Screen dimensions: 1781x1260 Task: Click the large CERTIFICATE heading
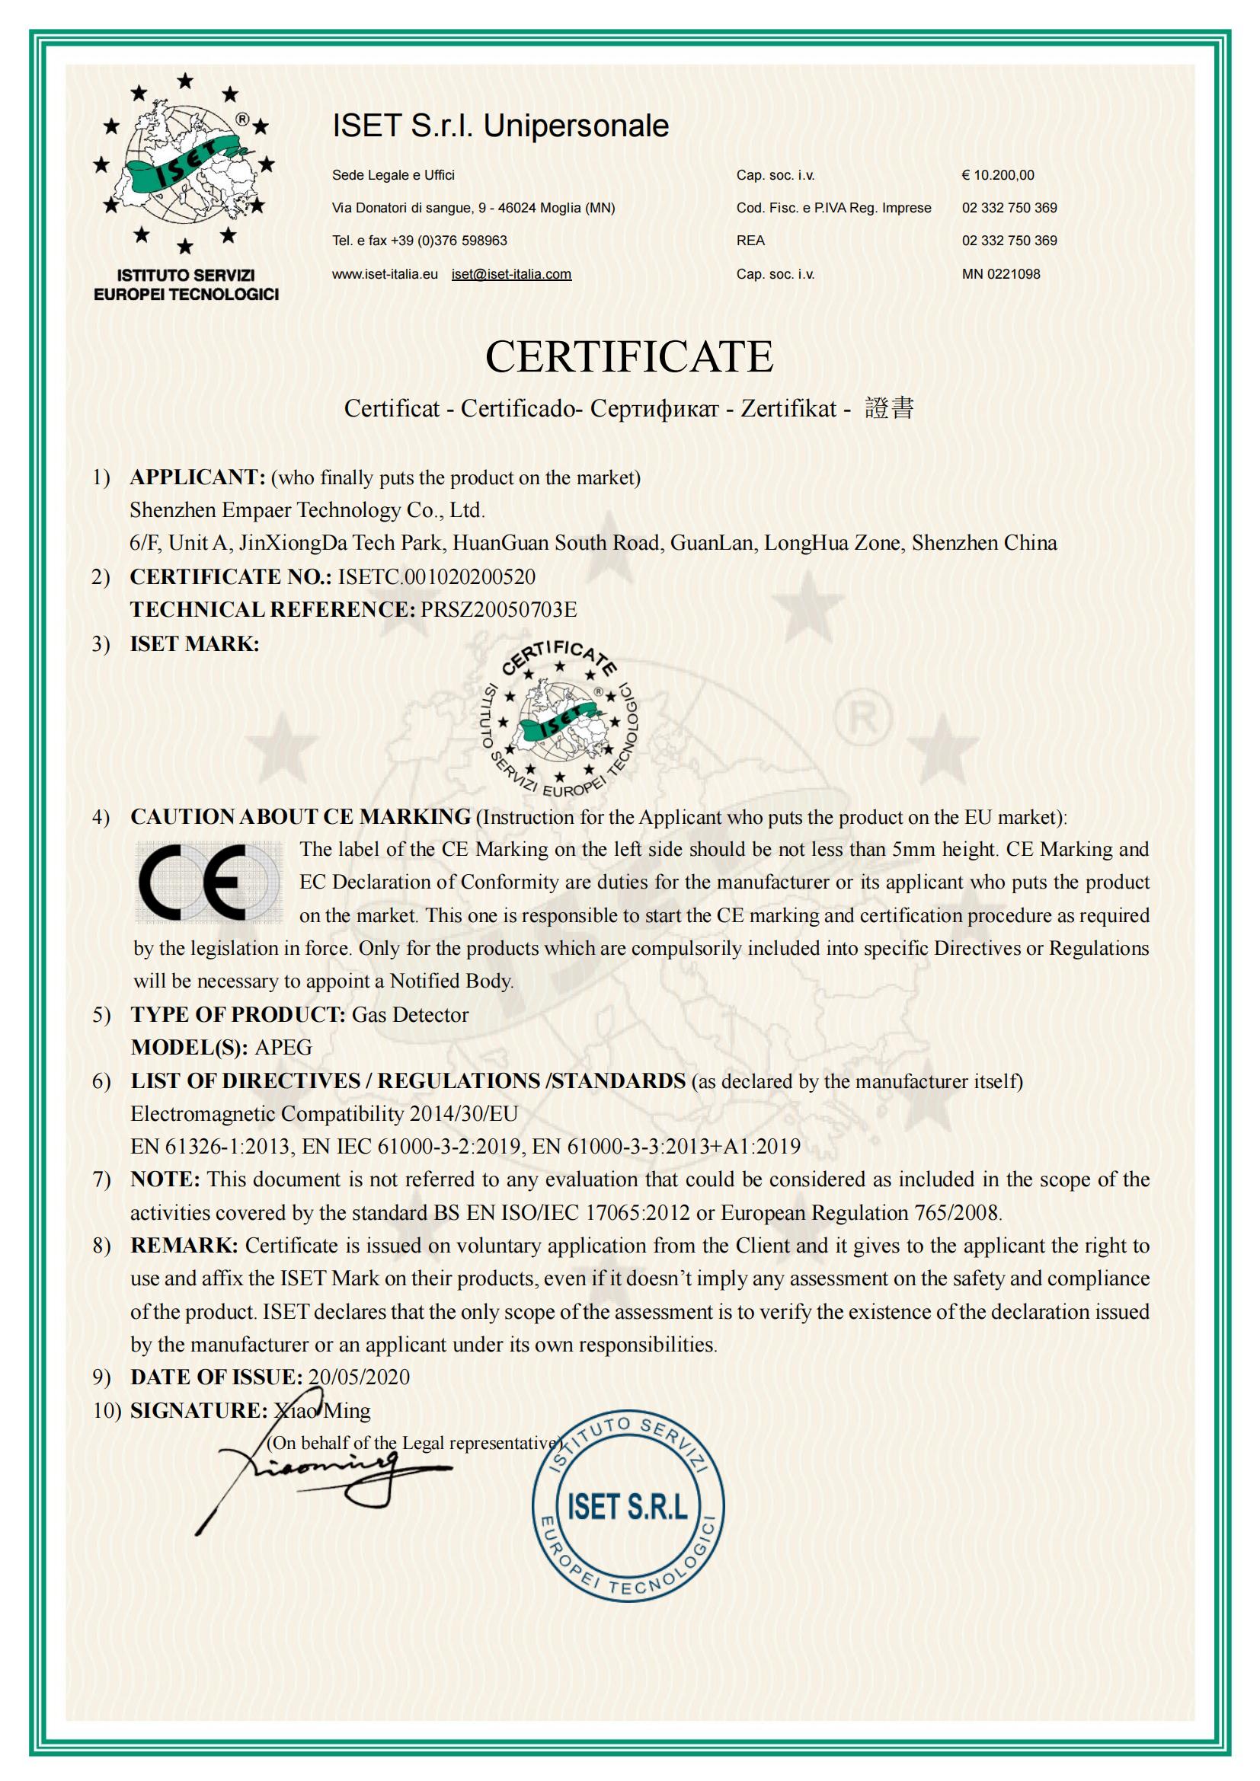(629, 357)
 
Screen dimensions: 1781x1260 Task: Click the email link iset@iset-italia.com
(511, 274)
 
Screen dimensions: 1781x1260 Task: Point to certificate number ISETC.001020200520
(437, 576)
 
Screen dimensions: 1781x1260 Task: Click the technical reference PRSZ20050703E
(499, 610)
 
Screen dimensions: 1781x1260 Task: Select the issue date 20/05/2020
(359, 1377)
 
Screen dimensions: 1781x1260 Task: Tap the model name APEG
(283, 1047)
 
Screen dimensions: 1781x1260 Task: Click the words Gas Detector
(411, 1014)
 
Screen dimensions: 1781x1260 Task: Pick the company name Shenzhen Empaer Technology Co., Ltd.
(307, 510)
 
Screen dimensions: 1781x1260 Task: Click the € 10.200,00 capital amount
(998, 175)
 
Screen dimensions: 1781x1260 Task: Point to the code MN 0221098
(1001, 274)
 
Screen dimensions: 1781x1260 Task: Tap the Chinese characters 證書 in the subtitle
(889, 408)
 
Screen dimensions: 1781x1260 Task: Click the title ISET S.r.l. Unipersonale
(500, 126)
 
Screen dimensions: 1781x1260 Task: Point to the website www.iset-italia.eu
(385, 274)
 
